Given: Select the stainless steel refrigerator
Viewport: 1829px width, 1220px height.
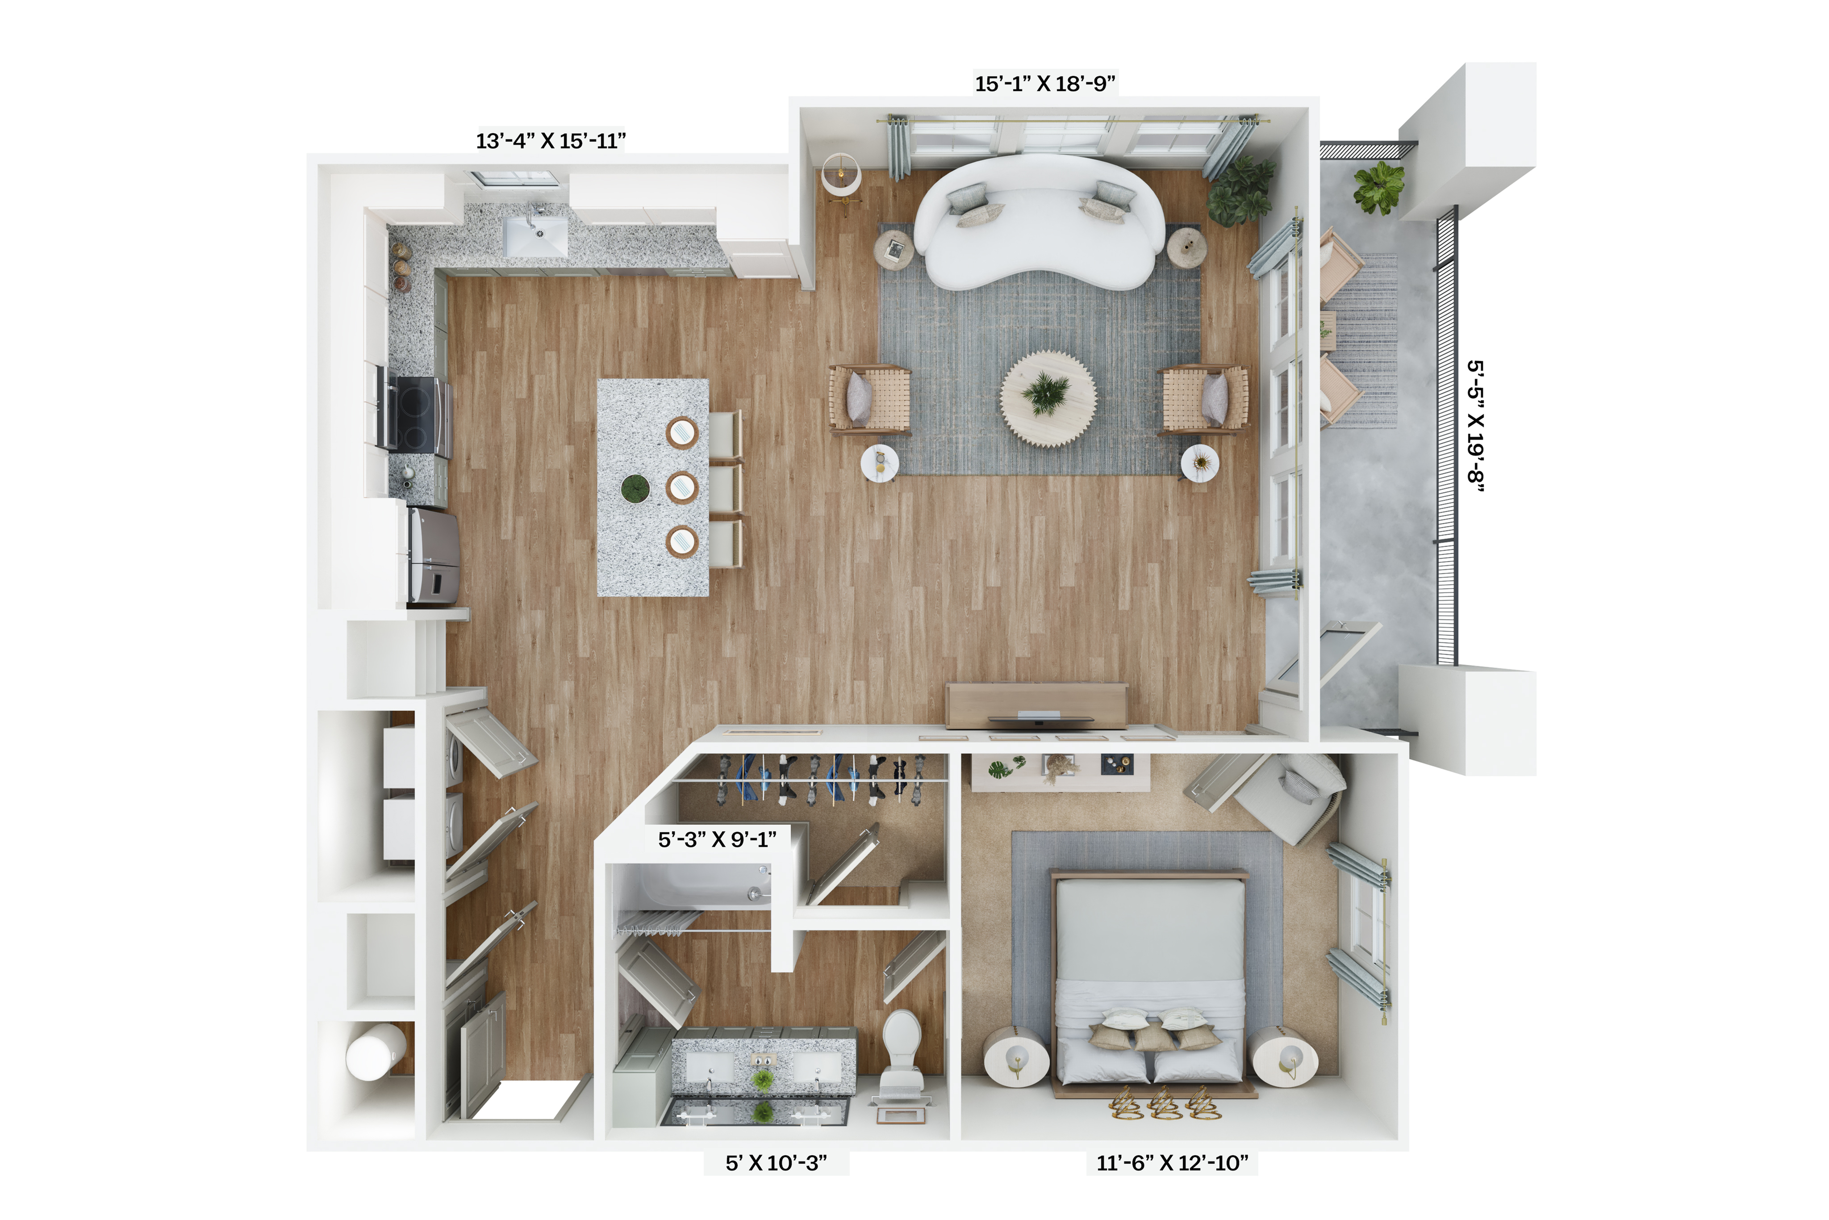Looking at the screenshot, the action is point(433,555).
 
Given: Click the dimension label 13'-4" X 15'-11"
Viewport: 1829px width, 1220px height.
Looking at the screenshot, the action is point(551,141).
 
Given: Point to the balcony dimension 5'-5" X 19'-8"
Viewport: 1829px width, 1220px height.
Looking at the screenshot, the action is point(1475,426).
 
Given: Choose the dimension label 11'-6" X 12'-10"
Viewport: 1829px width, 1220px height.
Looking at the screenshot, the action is point(1172,1162).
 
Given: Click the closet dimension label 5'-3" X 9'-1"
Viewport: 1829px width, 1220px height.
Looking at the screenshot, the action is point(717,839).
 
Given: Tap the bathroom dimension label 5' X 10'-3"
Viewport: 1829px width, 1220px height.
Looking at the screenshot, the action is point(776,1162).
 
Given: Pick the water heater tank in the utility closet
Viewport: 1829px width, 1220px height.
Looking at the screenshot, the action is point(376,1052).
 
